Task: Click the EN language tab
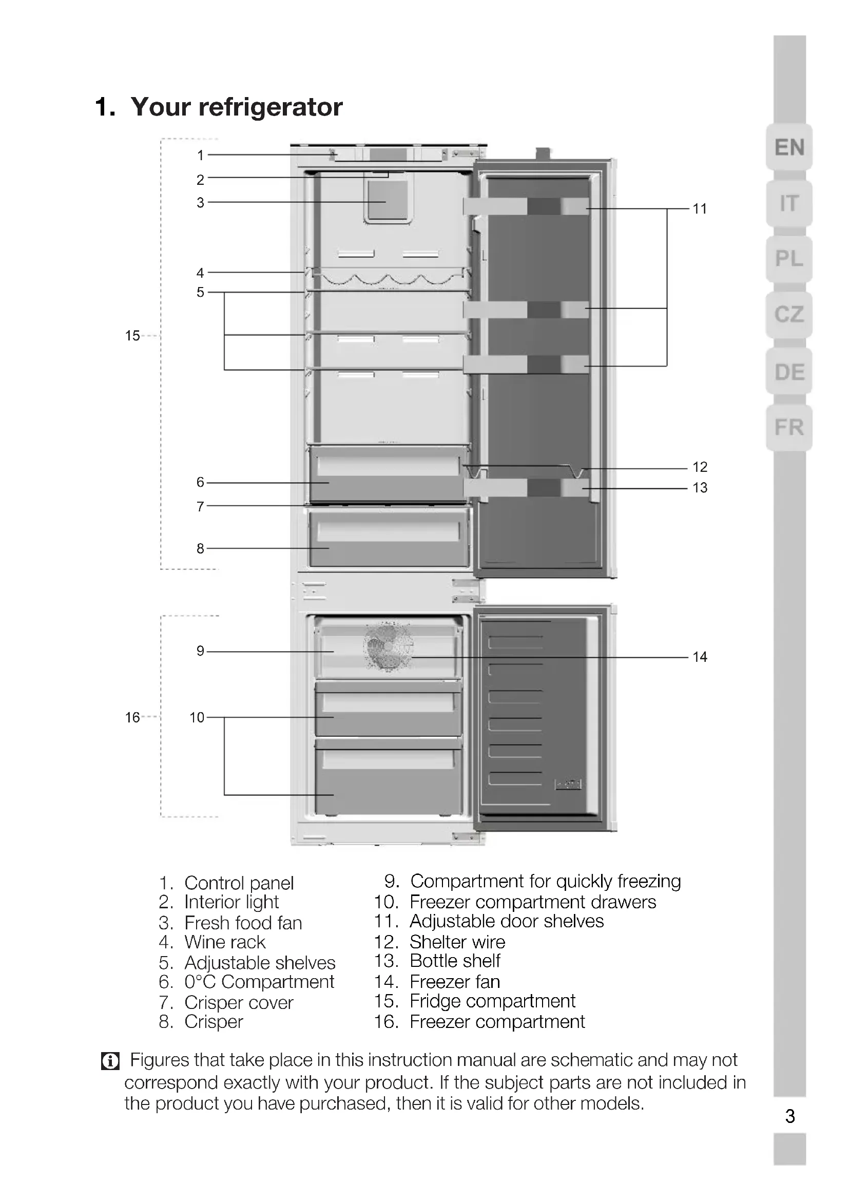(789, 147)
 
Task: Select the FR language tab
(789, 427)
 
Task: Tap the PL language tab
(789, 258)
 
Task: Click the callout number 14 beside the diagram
(700, 657)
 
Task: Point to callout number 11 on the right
(700, 209)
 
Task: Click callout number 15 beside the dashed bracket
(132, 336)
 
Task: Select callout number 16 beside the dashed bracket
(132, 717)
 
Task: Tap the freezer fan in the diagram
(388, 646)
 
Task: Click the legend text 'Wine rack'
(225, 942)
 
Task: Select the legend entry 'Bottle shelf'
(455, 961)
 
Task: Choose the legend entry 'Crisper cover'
(238, 1003)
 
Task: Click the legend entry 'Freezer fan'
(454, 982)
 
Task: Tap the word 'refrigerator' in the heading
(271, 107)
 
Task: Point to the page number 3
(790, 1116)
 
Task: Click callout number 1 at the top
(200, 156)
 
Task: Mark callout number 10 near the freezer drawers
(197, 717)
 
